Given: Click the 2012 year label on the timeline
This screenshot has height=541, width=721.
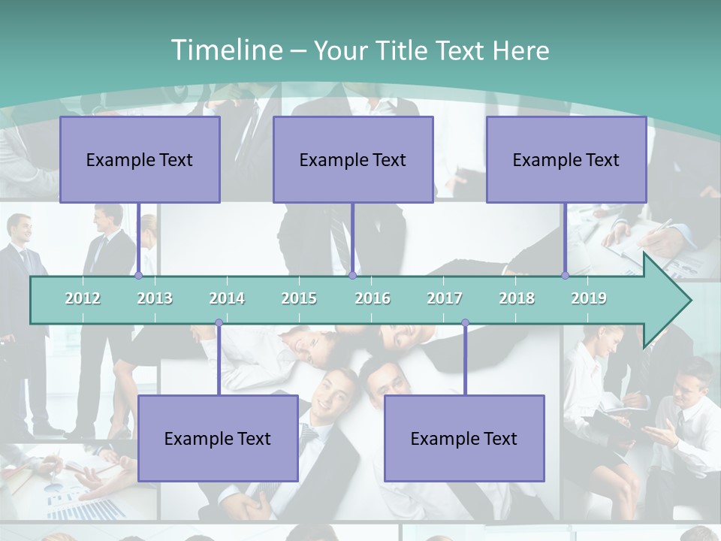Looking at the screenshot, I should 83,298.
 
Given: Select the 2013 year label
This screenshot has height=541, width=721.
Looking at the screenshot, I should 155,298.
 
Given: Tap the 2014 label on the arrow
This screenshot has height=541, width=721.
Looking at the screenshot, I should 227,298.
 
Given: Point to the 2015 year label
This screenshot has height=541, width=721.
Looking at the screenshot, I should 299,298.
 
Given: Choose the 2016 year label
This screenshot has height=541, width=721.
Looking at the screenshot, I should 373,298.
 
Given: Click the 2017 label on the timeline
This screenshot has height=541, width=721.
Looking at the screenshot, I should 445,298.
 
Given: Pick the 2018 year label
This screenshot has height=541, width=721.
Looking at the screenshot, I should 517,298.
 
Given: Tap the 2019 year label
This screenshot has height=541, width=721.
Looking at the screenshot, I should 589,298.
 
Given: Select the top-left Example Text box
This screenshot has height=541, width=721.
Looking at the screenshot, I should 140,160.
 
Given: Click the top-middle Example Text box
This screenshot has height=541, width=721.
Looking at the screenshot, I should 353,160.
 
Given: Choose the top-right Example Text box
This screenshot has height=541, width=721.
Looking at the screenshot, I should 566,160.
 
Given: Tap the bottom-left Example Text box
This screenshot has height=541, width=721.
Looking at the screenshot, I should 218,439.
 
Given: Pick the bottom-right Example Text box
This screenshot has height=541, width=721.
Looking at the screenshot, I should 464,439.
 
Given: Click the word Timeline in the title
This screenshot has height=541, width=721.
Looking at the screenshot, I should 225,50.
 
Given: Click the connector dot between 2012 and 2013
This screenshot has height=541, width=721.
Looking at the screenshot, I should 138,276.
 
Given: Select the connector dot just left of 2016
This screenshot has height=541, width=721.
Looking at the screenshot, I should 352,276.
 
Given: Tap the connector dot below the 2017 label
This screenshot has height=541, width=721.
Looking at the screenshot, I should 465,323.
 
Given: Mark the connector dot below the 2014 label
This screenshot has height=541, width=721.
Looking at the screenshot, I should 219,323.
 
